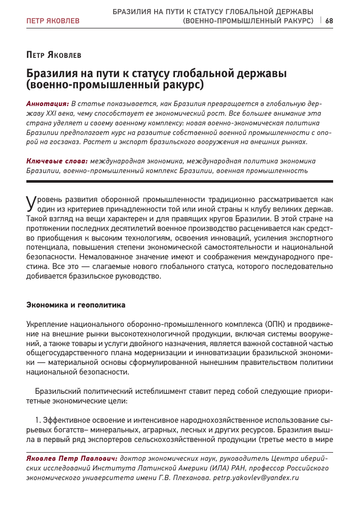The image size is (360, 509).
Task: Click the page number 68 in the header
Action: pos(329,21)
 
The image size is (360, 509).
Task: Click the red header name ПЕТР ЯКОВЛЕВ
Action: pos(52,21)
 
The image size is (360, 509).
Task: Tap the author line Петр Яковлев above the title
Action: pos(53,54)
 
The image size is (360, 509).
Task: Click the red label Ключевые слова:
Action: pos(57,161)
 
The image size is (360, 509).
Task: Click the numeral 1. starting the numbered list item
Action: pos(38,420)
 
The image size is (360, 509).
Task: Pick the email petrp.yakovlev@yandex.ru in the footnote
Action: pos(256,478)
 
